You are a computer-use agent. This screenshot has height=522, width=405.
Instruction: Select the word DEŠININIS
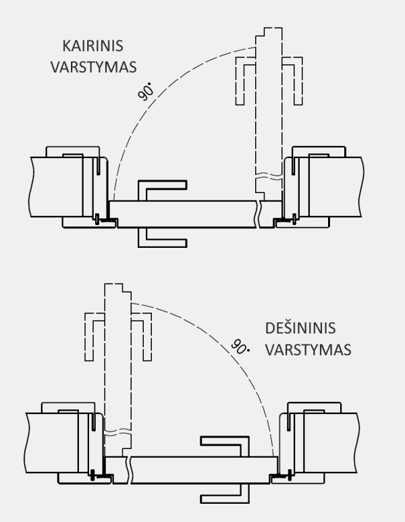coord(300,329)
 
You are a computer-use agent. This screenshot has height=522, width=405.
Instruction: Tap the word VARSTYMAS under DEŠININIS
coord(308,350)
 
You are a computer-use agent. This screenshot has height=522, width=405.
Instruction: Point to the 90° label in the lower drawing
coord(239,346)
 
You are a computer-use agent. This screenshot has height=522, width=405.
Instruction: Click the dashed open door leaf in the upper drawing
coord(269,108)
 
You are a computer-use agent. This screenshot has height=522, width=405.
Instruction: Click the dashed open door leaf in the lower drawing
coord(117,365)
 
